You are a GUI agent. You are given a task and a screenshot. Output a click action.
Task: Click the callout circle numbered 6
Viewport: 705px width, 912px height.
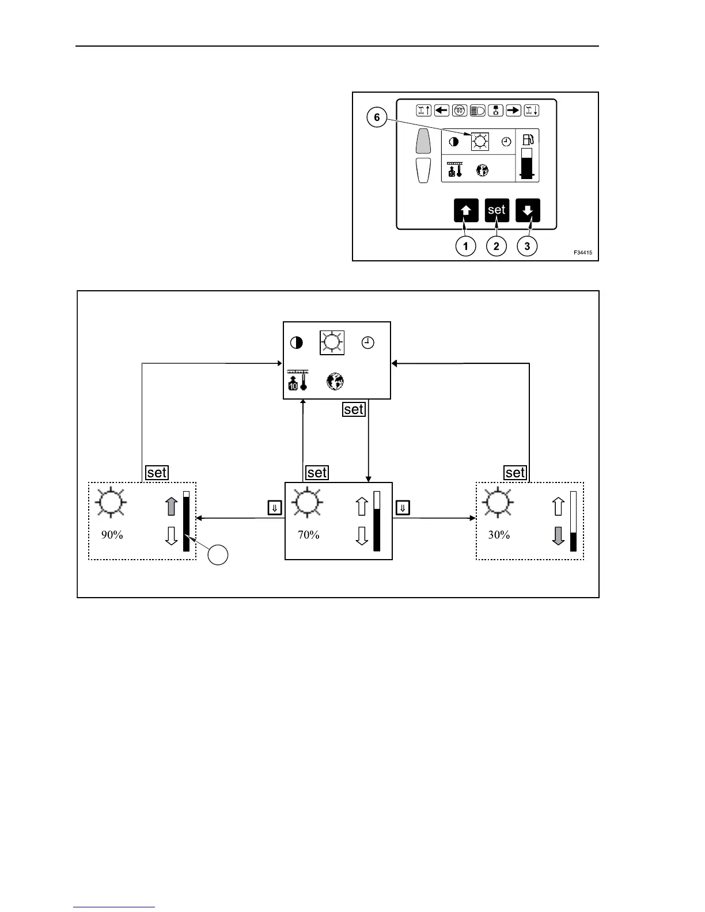pyautogui.click(x=377, y=118)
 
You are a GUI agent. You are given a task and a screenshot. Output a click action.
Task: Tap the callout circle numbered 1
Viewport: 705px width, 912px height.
pyautogui.click(x=465, y=246)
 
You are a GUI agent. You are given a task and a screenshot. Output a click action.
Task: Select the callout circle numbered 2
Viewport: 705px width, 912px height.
pyautogui.click(x=496, y=246)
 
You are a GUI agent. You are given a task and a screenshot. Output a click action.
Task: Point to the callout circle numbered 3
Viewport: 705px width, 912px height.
pyautogui.click(x=527, y=246)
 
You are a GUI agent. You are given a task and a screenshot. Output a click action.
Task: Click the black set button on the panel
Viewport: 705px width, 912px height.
pyautogui.click(x=496, y=210)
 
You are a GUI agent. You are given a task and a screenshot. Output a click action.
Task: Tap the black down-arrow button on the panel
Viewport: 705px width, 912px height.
pyautogui.click(x=528, y=210)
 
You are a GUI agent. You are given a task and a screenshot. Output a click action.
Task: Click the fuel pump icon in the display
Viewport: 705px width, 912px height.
pyautogui.click(x=528, y=139)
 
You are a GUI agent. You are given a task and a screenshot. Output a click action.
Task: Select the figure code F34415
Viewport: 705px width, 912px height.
pyautogui.click(x=582, y=253)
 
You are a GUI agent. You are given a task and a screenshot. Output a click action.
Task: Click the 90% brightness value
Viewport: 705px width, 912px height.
pyautogui.click(x=112, y=535)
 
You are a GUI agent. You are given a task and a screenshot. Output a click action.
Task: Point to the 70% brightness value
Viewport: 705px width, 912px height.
pyautogui.click(x=309, y=535)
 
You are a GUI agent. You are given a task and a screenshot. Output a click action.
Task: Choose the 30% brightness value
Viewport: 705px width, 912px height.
pyautogui.click(x=499, y=535)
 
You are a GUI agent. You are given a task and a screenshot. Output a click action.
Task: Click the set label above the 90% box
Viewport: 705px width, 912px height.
pyautogui.click(x=157, y=473)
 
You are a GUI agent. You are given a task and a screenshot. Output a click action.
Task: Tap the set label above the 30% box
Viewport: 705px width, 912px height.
pyautogui.click(x=515, y=473)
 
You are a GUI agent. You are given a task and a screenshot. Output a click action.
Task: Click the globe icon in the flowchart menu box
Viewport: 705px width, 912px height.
pyautogui.click(x=335, y=381)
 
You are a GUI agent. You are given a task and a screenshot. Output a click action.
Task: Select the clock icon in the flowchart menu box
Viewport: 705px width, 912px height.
pyautogui.click(x=367, y=343)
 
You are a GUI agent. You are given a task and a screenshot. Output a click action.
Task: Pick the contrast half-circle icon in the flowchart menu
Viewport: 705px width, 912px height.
pyautogui.click(x=296, y=343)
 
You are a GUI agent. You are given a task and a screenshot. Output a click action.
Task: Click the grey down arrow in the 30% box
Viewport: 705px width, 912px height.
pyautogui.click(x=558, y=535)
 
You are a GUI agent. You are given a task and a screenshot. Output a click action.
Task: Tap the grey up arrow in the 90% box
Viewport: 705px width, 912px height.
pyautogui.click(x=171, y=506)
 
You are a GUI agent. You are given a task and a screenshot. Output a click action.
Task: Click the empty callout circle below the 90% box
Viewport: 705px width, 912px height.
pyautogui.click(x=218, y=556)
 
